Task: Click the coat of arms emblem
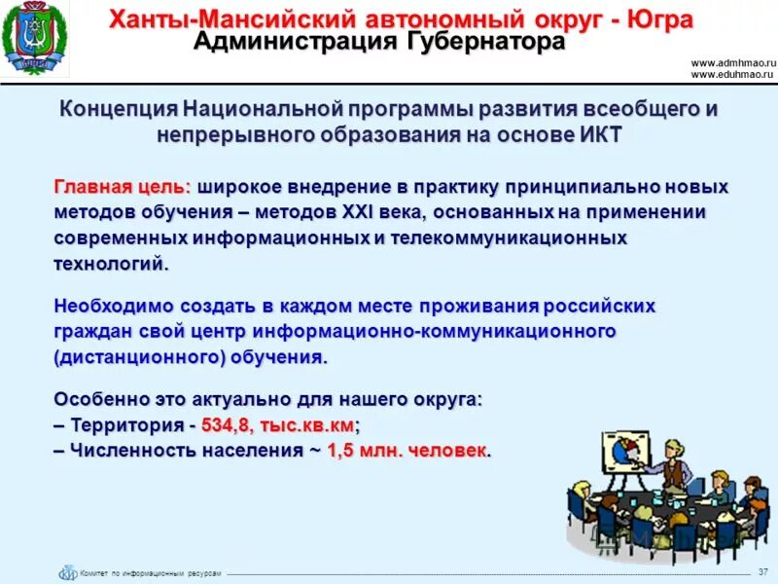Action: click(35, 40)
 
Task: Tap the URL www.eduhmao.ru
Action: click(731, 74)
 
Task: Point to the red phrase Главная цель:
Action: click(123, 187)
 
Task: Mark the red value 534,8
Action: click(229, 425)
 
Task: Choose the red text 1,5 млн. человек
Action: click(408, 451)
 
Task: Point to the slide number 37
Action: click(761, 569)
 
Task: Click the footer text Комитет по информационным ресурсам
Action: click(151, 573)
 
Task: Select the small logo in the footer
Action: click(67, 573)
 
